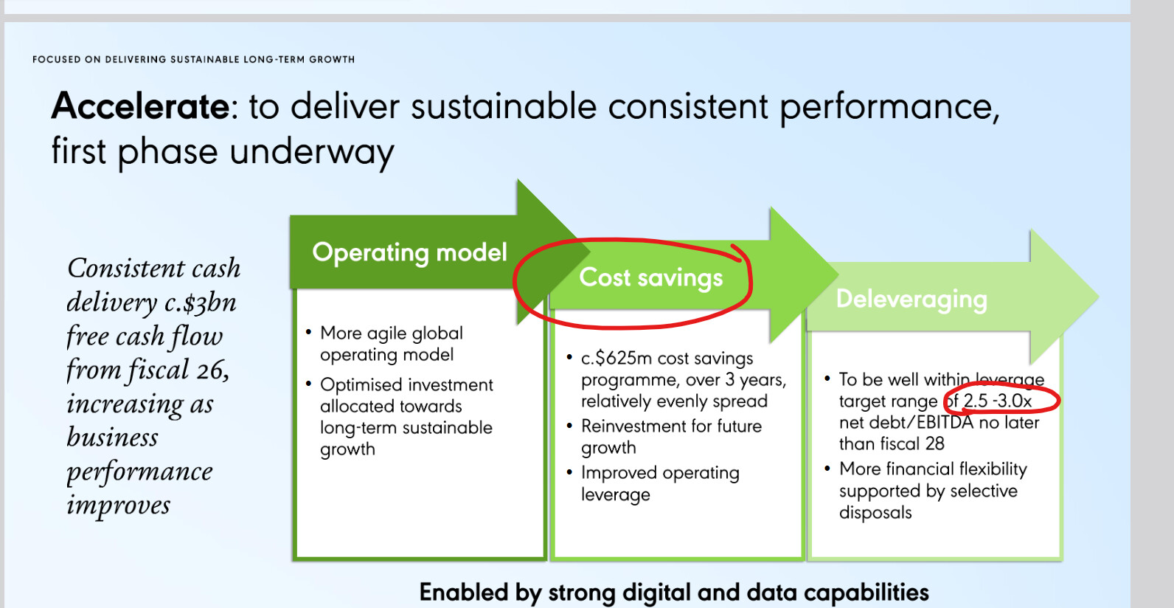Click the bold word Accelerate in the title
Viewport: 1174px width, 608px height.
coord(140,106)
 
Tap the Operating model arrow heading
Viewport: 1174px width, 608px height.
coord(409,252)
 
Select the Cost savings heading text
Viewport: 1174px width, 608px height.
coord(650,277)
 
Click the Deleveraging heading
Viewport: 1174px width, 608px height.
coord(911,300)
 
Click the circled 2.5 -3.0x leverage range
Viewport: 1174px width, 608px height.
coord(997,401)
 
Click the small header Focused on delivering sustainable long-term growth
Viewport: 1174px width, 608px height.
coord(193,59)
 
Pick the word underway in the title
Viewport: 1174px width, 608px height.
coord(312,151)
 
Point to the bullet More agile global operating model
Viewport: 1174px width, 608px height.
coord(392,344)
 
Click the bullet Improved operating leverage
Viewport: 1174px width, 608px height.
coord(660,484)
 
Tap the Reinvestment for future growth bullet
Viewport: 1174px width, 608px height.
coord(671,437)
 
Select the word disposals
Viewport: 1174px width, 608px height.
coord(875,512)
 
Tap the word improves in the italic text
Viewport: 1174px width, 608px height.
coord(119,505)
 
